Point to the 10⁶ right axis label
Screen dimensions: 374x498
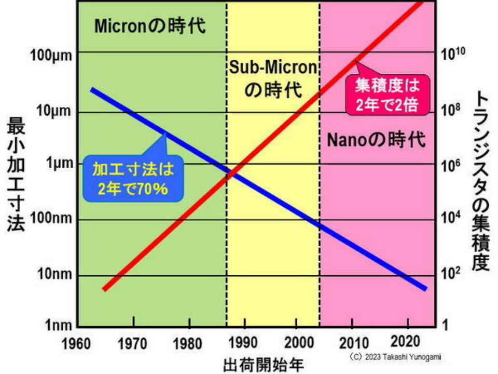click(x=451, y=165)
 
